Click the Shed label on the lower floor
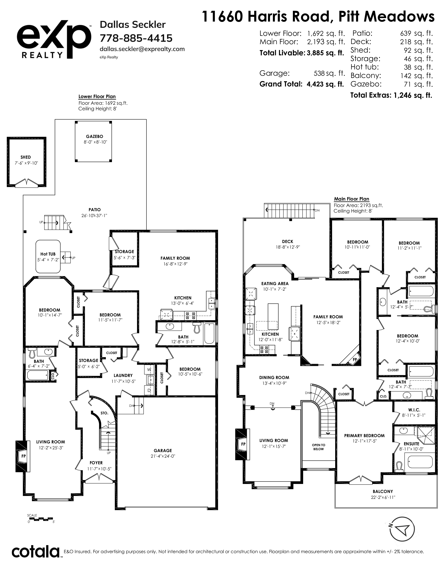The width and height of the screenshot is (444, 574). (26, 157)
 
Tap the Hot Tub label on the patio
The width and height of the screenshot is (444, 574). (48, 254)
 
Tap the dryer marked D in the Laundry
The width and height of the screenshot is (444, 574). (149, 390)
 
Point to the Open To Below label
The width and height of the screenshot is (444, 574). (318, 447)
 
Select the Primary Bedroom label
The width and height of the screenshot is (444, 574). (364, 436)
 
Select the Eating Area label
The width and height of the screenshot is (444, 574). (275, 284)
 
